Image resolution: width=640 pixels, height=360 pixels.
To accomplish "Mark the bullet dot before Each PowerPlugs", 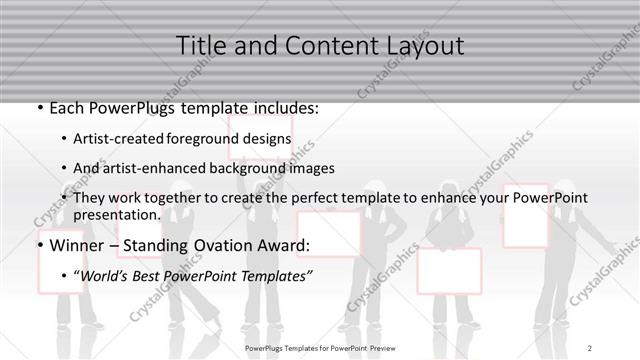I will pyautogui.click(x=40, y=106).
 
